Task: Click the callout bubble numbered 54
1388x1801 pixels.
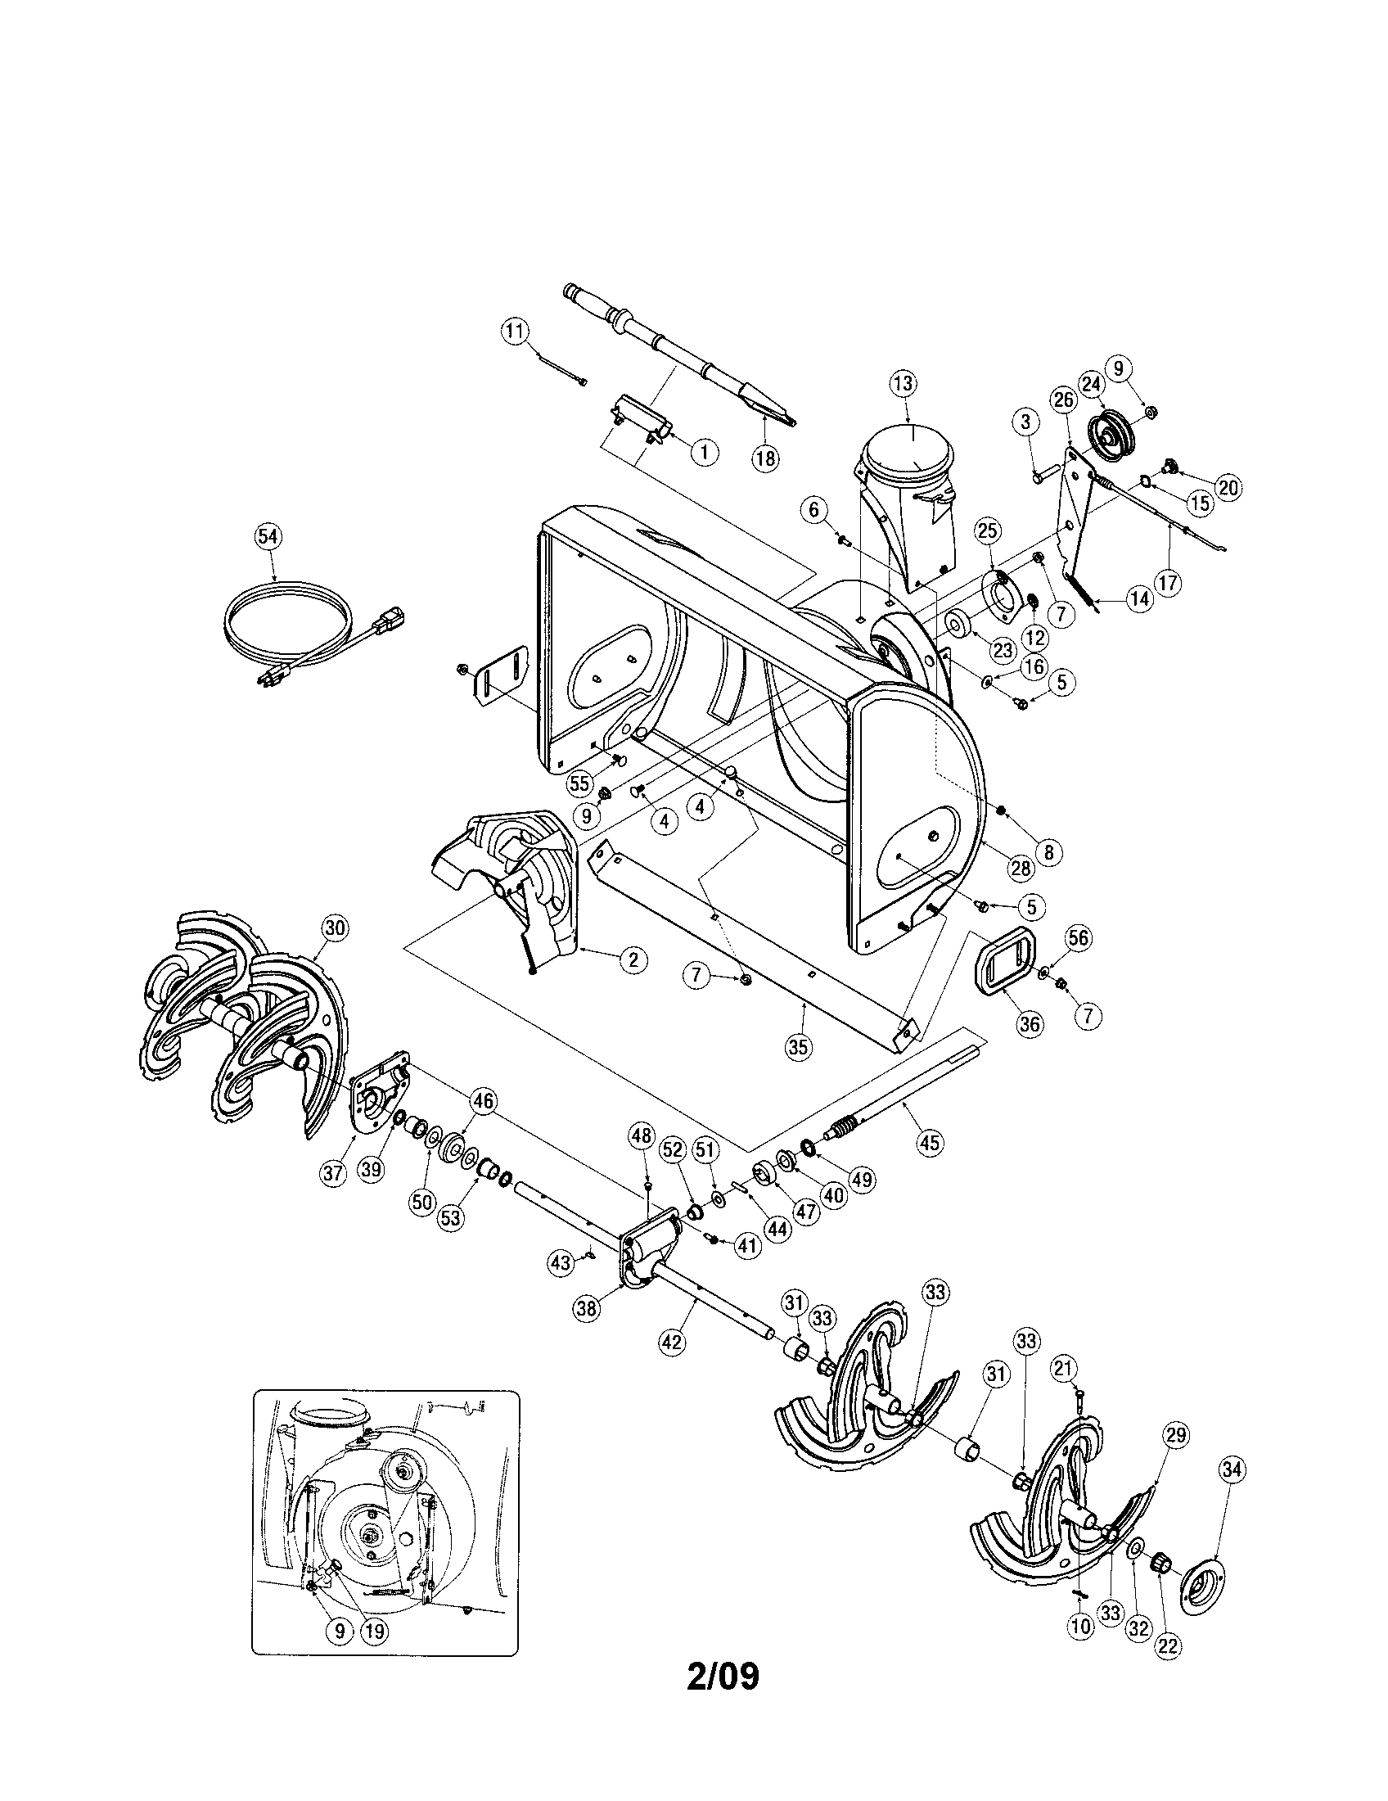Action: [268, 537]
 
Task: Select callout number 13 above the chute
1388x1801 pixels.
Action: [904, 383]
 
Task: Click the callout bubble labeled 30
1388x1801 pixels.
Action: [334, 928]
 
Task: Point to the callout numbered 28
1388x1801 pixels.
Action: [1021, 868]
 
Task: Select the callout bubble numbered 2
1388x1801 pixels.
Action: [632, 959]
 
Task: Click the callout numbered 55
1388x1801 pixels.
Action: [579, 783]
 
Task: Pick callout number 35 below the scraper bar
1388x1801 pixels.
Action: [798, 1046]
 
